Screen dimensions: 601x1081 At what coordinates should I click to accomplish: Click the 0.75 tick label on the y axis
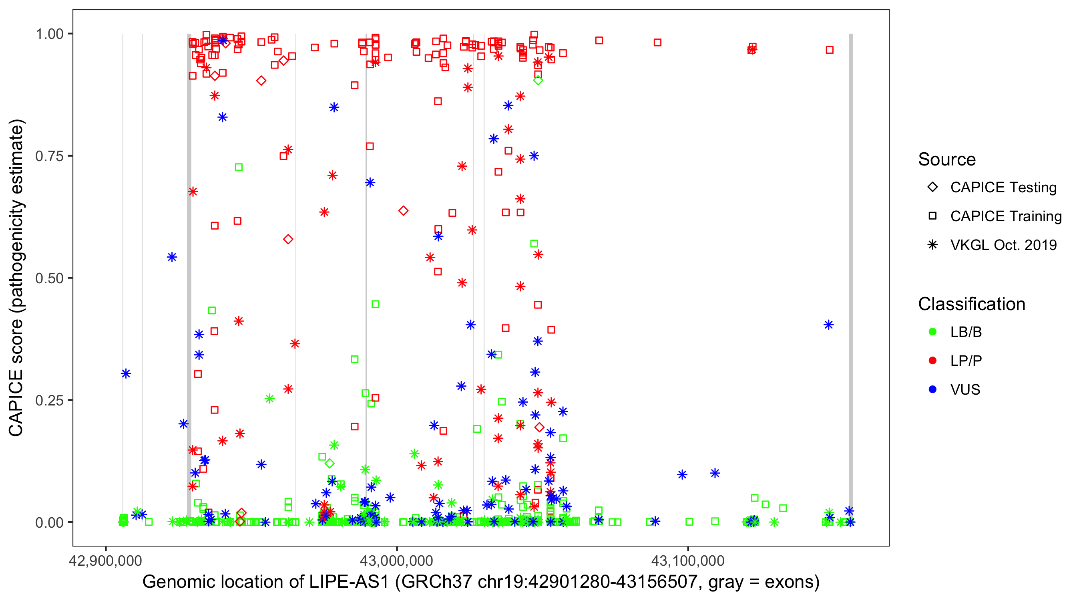tap(49, 156)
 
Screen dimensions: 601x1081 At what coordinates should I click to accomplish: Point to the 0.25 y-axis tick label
tap(49, 400)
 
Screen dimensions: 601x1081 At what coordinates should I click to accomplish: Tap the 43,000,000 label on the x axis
tap(396, 561)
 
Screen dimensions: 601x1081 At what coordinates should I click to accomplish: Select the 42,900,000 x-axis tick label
tap(105, 561)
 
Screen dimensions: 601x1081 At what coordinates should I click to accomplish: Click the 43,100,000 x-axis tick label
tap(688, 561)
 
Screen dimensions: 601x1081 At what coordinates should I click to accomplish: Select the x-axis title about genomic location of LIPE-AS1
tap(481, 582)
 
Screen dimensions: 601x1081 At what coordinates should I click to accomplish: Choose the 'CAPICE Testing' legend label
tap(1003, 188)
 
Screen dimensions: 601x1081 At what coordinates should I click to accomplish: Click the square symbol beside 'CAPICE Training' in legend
tap(932, 216)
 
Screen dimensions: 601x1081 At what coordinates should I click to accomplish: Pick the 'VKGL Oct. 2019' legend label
tap(1003, 245)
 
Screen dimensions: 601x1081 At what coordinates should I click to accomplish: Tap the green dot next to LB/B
tap(932, 332)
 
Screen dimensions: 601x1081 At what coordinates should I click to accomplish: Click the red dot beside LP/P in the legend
tap(932, 361)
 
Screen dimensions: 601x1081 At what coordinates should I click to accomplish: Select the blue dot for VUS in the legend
tap(932, 390)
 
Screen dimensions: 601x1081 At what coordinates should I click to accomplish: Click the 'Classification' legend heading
tap(971, 304)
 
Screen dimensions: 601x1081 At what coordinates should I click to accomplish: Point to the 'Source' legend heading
tap(947, 159)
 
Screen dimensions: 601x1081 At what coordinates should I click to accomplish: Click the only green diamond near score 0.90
tap(538, 81)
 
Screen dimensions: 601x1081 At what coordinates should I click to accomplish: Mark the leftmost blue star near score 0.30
tap(126, 373)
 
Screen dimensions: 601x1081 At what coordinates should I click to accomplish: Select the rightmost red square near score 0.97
tap(830, 50)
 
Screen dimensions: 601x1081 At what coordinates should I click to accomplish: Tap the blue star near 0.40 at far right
tap(828, 325)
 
